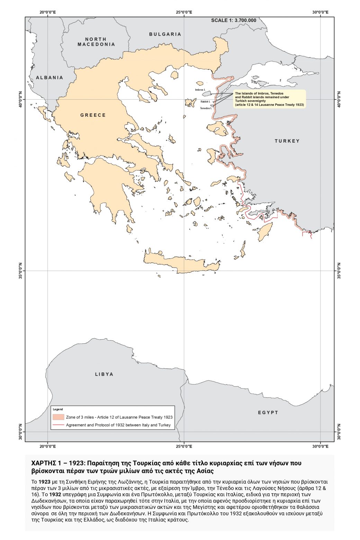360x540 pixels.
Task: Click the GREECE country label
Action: click(x=93, y=115)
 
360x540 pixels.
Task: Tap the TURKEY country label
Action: click(x=287, y=141)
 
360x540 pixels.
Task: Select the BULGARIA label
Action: click(x=165, y=34)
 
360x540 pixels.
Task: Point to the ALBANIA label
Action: click(x=49, y=78)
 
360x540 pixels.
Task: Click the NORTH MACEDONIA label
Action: click(x=96, y=42)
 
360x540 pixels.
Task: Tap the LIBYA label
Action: click(x=104, y=374)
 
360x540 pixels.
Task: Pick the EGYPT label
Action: click(x=268, y=412)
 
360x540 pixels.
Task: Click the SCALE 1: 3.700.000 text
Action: click(x=234, y=20)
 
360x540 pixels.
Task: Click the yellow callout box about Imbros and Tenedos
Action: click(x=269, y=99)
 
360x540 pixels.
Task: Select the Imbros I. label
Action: click(x=200, y=90)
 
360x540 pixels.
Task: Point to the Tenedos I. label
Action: click(x=206, y=108)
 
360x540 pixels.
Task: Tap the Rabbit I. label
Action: click(x=205, y=101)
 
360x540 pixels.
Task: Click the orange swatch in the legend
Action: click(x=58, y=417)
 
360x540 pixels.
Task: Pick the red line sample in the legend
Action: click(x=58, y=425)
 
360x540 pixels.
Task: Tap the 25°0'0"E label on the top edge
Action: click(x=184, y=12)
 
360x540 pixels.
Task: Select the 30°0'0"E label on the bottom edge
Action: click(x=320, y=446)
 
